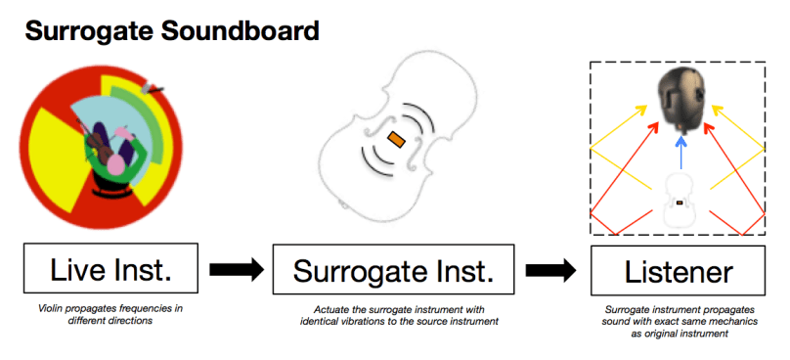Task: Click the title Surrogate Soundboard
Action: click(x=171, y=30)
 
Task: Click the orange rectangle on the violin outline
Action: click(x=396, y=139)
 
